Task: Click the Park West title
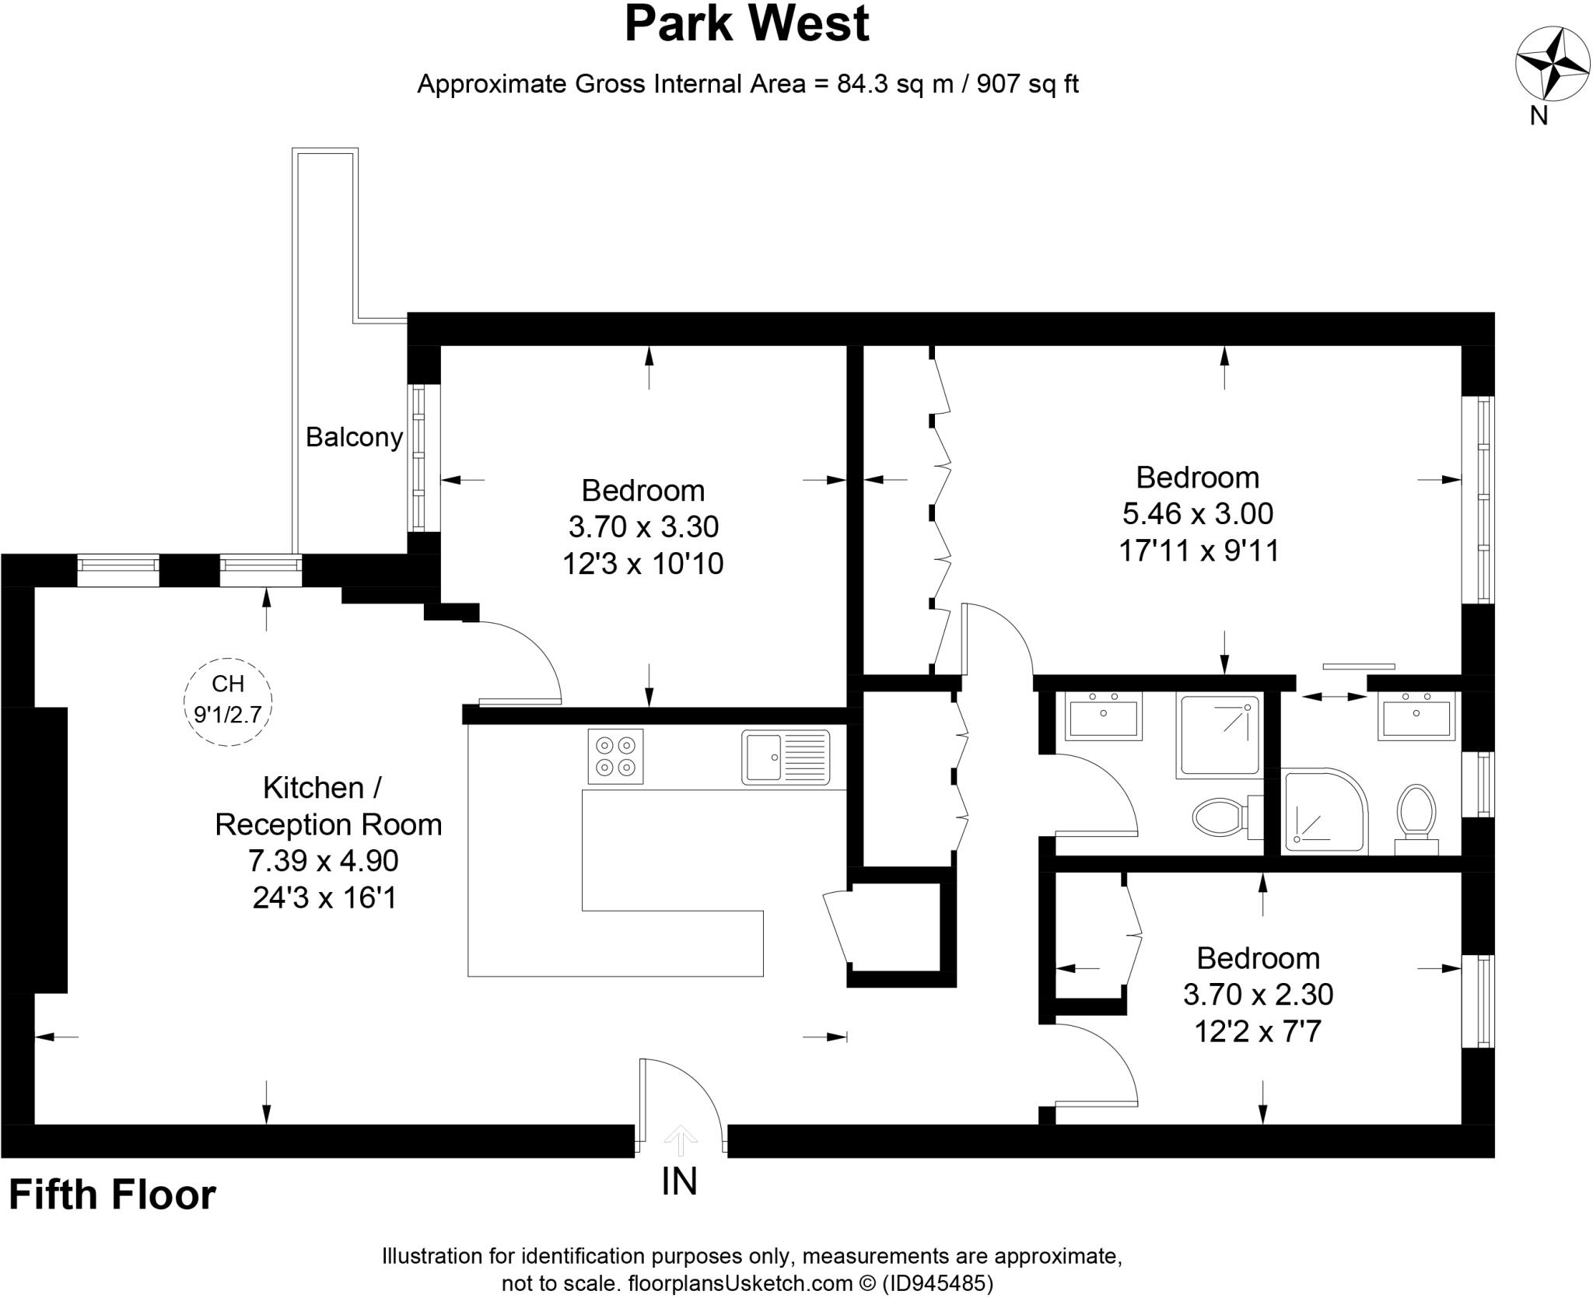747,25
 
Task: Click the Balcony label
354,437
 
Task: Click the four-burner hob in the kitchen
615,756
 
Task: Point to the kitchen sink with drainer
786,757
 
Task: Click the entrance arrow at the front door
681,1140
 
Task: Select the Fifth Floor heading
112,1195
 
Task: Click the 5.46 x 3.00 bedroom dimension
1198,513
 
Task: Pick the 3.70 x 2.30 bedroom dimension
1258,994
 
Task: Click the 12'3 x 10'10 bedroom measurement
642,564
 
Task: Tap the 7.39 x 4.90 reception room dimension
324,861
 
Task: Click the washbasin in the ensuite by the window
1416,717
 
